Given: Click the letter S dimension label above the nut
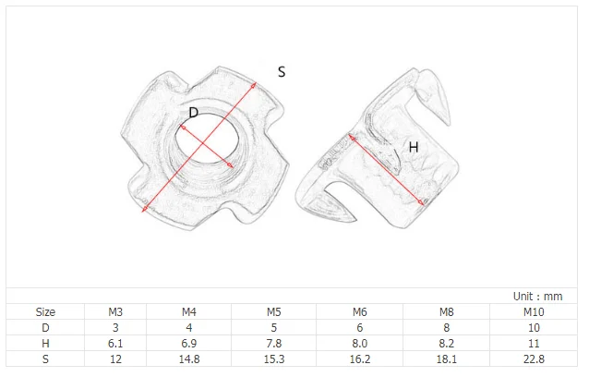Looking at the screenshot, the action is pyautogui.click(x=282, y=72).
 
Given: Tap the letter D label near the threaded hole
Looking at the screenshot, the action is pyautogui.click(x=193, y=113).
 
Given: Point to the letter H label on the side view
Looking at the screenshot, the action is pyautogui.click(x=414, y=147).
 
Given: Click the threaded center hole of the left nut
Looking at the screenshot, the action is pyautogui.click(x=207, y=137).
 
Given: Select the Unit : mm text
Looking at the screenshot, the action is pyautogui.click(x=537, y=297).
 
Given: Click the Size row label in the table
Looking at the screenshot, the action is pyautogui.click(x=45, y=312).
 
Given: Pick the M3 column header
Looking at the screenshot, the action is pyautogui.click(x=115, y=312).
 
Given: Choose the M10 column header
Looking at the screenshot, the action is pyautogui.click(x=534, y=312).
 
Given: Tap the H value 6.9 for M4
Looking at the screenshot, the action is pyautogui.click(x=189, y=343).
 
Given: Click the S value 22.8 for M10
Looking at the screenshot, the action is pyautogui.click(x=534, y=359).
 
